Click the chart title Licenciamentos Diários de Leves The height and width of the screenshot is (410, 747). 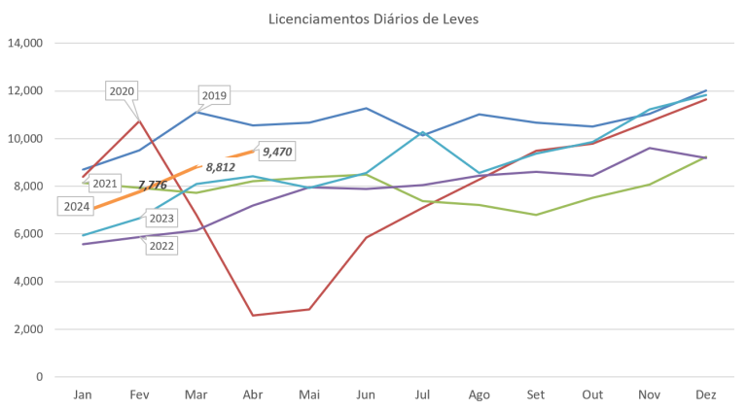pyautogui.click(x=373, y=17)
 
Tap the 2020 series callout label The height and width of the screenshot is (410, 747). pyautogui.click(x=123, y=91)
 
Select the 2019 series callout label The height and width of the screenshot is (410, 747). pyautogui.click(x=213, y=96)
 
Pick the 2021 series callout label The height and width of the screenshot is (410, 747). pyautogui.click(x=104, y=183)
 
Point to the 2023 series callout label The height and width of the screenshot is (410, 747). pyautogui.click(x=161, y=219)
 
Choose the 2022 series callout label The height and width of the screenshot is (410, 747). pyautogui.click(x=161, y=246)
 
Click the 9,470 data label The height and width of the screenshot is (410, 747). pyautogui.click(x=278, y=152)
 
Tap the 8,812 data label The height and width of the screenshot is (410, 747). pyautogui.click(x=221, y=167)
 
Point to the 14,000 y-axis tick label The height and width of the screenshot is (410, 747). pyautogui.click(x=27, y=44)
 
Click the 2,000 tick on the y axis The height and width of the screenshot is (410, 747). pyautogui.click(x=30, y=329)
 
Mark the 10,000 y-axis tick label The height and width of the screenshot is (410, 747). pyautogui.click(x=27, y=139)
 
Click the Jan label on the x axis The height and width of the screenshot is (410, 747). pyautogui.click(x=84, y=393)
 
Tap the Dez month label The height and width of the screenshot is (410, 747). pyautogui.click(x=707, y=393)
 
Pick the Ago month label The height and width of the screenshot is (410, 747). pyautogui.click(x=480, y=393)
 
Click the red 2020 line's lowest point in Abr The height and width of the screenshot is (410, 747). pyautogui.click(x=253, y=315)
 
